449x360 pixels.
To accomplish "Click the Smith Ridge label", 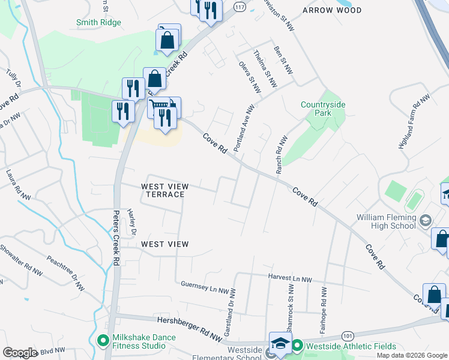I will pyautogui.click(x=98, y=23).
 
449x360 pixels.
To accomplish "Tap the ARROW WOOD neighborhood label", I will pyautogui.click(x=332, y=10).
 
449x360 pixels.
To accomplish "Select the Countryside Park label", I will pyautogui.click(x=324, y=108).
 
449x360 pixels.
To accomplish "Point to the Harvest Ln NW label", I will pyautogui.click(x=289, y=279).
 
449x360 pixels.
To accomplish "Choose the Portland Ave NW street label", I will pyautogui.click(x=244, y=128).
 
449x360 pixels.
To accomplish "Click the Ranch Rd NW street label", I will pyautogui.click(x=281, y=155).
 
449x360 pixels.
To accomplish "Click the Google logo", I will pyautogui.click(x=20, y=353).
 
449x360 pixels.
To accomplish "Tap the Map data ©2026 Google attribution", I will pyautogui.click(x=412, y=355).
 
